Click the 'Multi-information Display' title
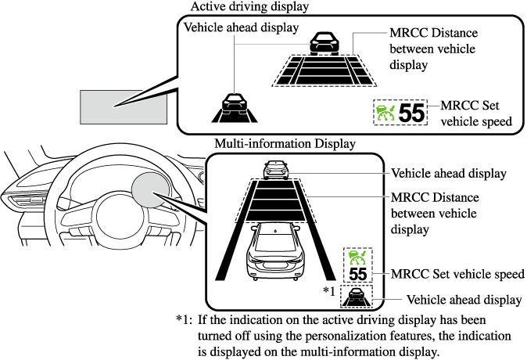coord(285,144)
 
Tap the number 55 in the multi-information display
coord(357,274)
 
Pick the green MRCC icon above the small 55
coord(357,257)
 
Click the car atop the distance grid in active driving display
coord(323,44)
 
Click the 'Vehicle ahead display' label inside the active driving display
coord(242,27)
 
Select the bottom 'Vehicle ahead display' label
coord(464,299)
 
